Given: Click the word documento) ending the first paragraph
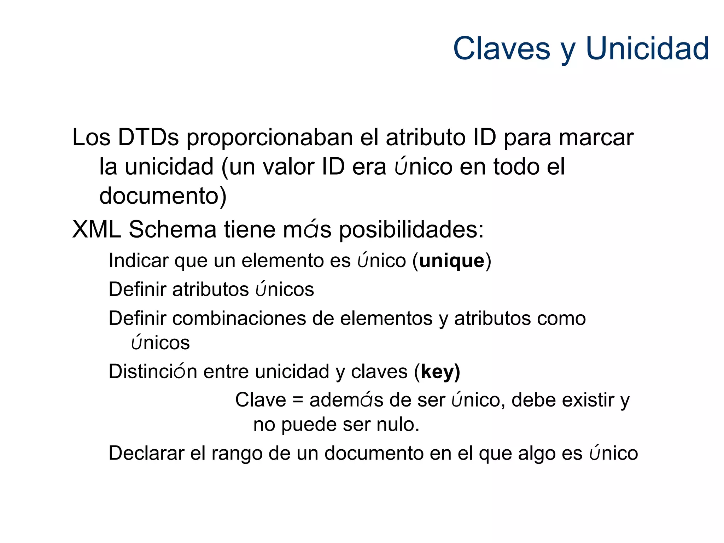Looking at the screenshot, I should click(163, 196).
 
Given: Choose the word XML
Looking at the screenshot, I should click(97, 229).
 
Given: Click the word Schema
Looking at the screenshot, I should click(172, 229).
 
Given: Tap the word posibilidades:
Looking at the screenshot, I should click(411, 230).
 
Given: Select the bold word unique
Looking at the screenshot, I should click(451, 261).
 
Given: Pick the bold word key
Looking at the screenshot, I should click(437, 372).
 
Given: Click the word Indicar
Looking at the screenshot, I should click(139, 261).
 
